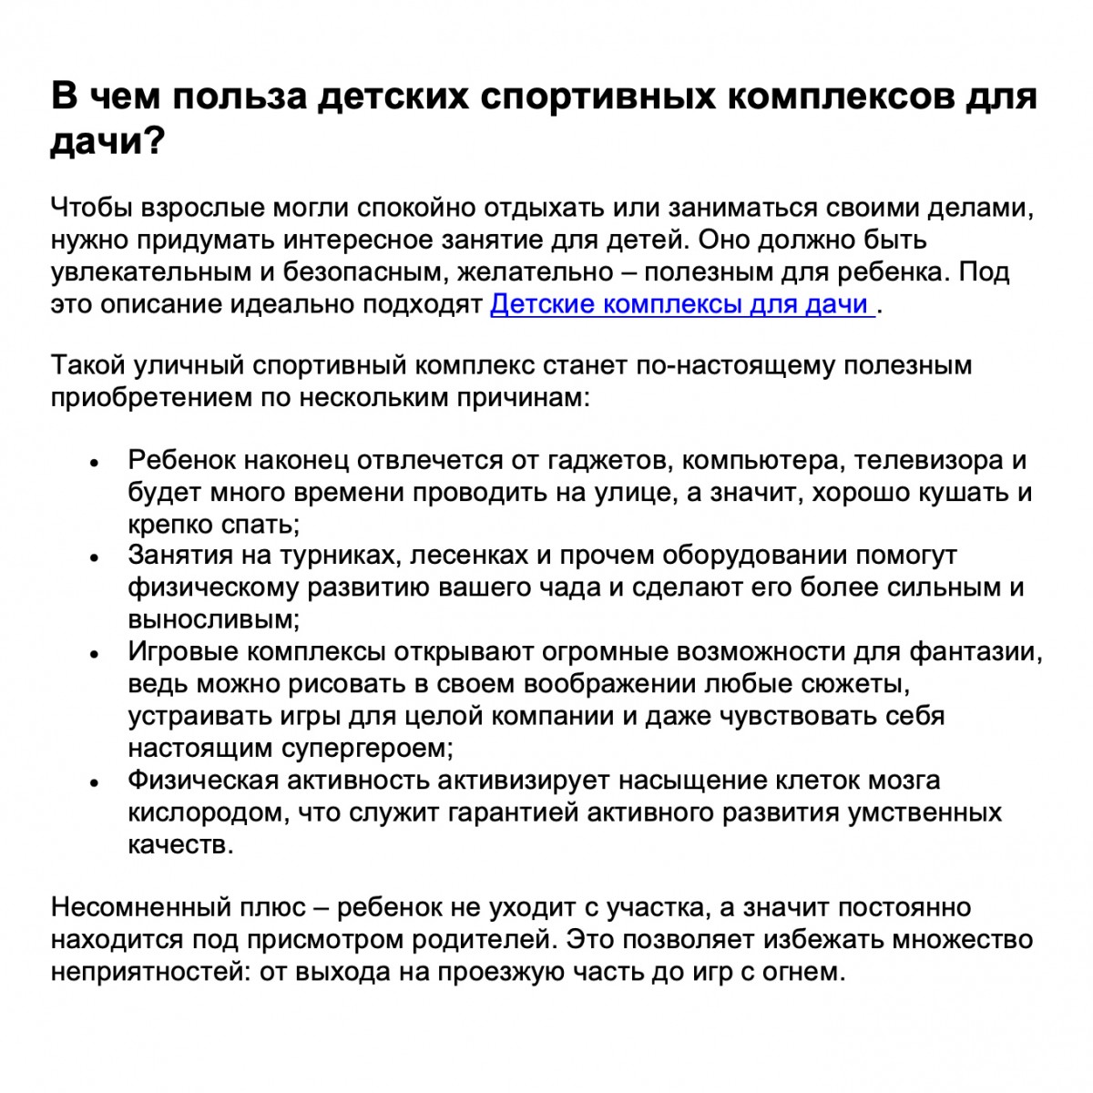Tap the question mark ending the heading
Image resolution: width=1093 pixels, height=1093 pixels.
152,142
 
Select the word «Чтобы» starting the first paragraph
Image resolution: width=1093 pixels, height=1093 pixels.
92,209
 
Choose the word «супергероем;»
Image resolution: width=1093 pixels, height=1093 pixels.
367,748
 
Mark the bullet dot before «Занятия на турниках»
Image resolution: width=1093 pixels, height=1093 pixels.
94,558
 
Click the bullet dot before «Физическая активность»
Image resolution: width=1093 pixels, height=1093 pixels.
94,782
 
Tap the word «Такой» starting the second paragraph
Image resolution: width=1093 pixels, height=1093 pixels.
88,366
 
